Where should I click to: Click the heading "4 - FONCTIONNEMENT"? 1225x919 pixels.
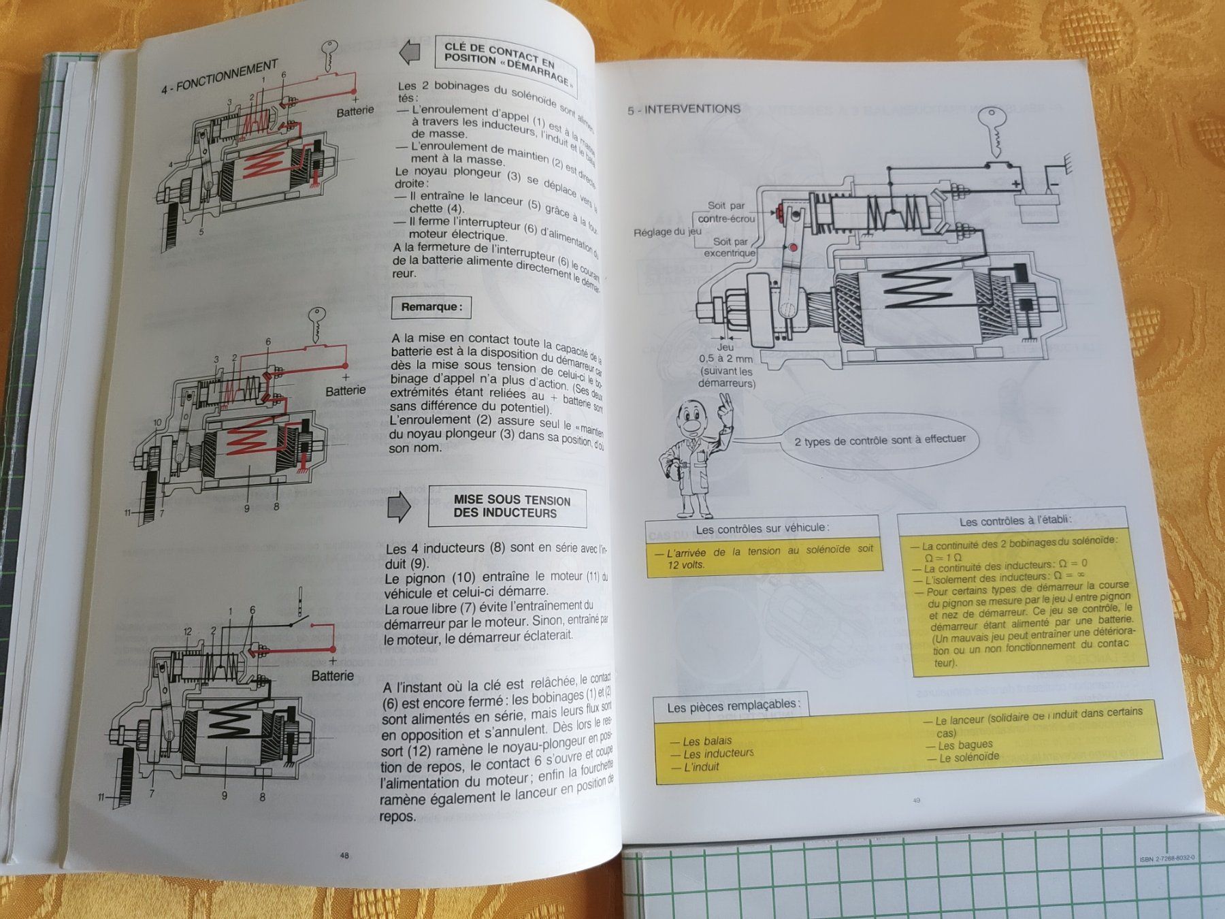[219, 77]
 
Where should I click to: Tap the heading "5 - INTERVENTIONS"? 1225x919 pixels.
[683, 109]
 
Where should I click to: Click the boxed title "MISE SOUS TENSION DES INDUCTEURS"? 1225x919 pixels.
[507, 506]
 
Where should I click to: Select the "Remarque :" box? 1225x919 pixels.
[431, 307]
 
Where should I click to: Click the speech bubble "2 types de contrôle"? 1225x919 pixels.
[879, 440]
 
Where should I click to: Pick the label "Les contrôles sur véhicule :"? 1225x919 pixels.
[762, 528]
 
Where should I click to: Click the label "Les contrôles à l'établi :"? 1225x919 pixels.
[1015, 521]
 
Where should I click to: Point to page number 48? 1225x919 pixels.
[344, 855]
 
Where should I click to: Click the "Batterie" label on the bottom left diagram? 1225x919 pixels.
[332, 676]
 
